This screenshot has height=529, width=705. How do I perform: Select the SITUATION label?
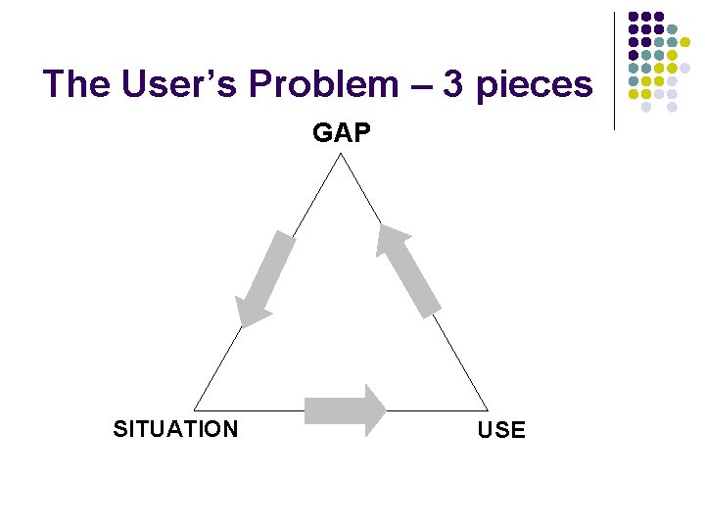[x=175, y=429]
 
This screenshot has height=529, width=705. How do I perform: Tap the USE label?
[x=501, y=430]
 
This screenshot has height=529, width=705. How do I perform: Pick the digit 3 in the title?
[x=452, y=84]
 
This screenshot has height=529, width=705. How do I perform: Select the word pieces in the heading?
[x=534, y=86]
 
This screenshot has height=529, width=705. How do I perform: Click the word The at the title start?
[x=77, y=84]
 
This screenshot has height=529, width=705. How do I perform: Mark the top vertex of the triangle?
[x=339, y=155]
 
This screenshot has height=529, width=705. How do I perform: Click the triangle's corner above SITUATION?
[x=195, y=409]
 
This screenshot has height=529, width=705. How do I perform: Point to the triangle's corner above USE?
[x=487, y=409]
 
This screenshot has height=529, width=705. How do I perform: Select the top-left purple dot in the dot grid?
[x=634, y=17]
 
